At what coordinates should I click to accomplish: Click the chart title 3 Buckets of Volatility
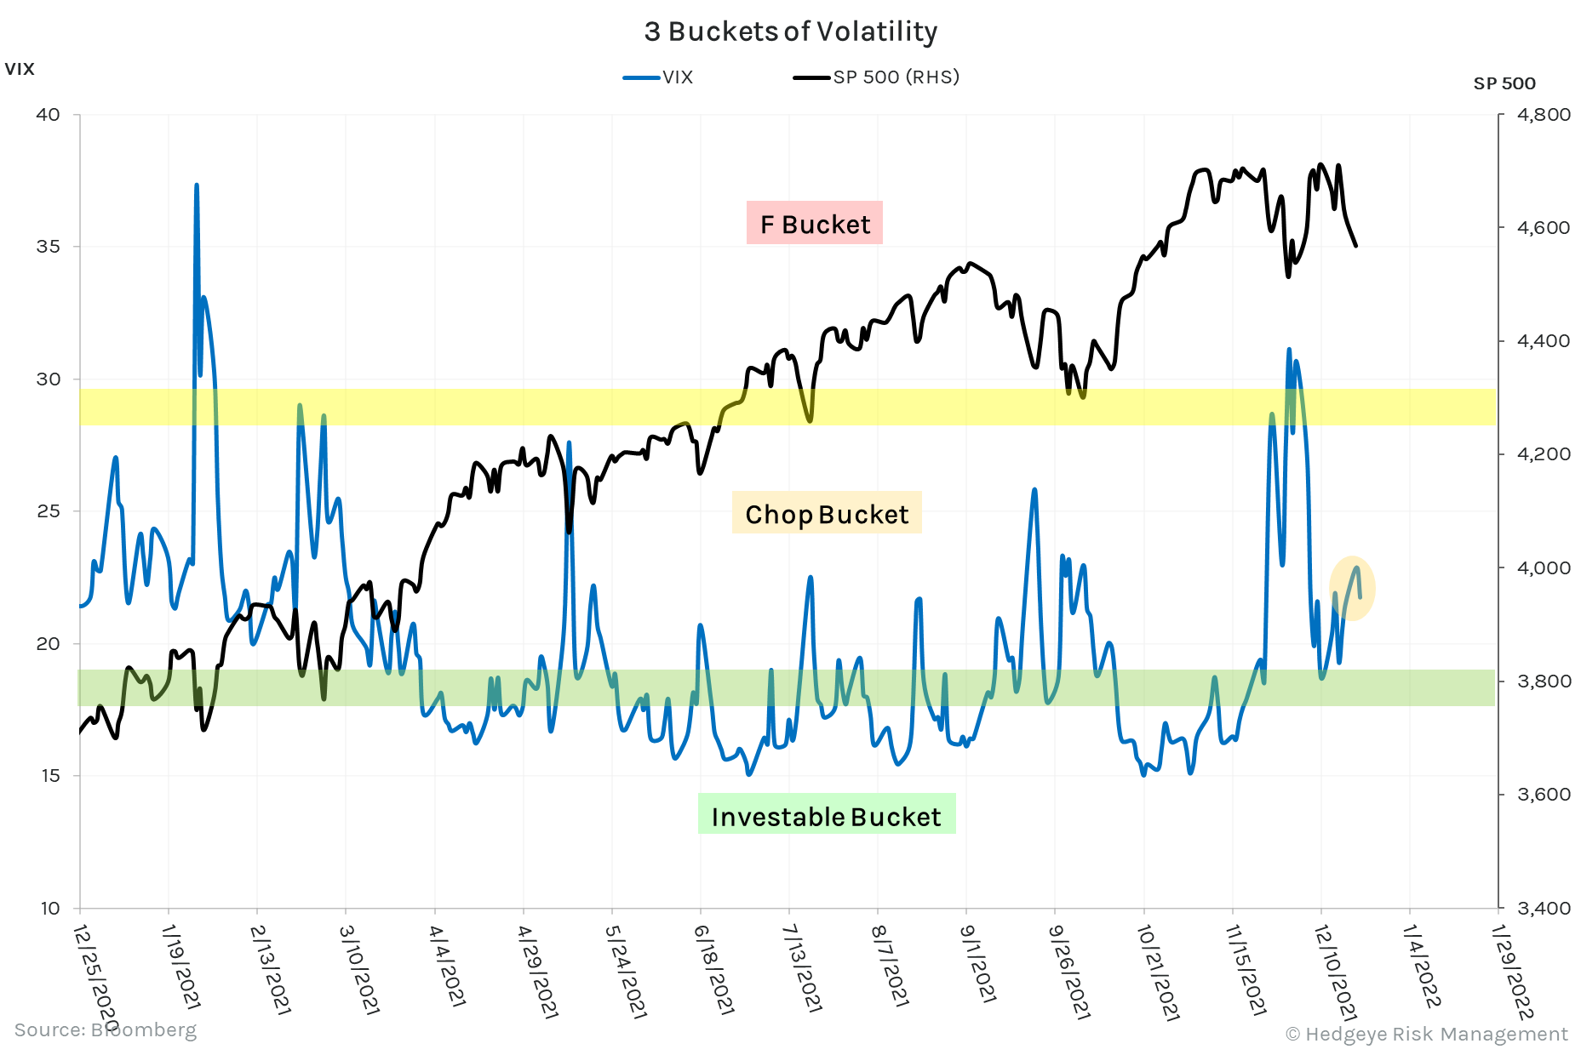click(x=790, y=31)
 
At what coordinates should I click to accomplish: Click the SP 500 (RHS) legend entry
click(x=877, y=77)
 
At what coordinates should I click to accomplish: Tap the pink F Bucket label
click(x=815, y=224)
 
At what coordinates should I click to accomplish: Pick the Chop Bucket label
click(x=827, y=514)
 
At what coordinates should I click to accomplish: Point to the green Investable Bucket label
click(x=826, y=816)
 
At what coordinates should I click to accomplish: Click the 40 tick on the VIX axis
click(x=49, y=115)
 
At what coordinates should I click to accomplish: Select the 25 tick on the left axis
click(x=49, y=511)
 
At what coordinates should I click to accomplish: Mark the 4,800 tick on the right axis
click(x=1544, y=115)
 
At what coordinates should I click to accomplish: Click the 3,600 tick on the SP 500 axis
click(x=1544, y=795)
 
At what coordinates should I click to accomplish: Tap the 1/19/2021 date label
click(x=180, y=967)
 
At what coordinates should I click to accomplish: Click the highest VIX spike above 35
click(x=197, y=186)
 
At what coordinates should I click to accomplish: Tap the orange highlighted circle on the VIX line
click(x=1352, y=588)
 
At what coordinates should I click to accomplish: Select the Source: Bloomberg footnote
click(x=106, y=1029)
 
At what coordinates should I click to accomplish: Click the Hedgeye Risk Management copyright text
click(x=1426, y=1034)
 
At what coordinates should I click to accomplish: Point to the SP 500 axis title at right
click(x=1504, y=83)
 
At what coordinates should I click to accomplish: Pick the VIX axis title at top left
click(x=20, y=70)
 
